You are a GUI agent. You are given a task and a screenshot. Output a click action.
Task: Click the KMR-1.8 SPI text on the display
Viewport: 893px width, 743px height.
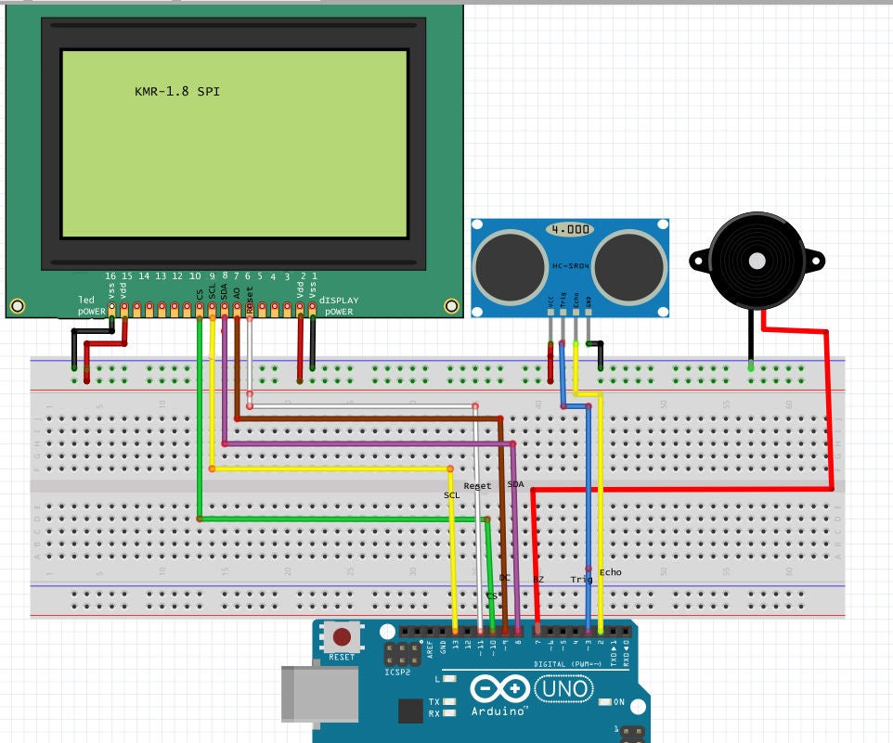177,92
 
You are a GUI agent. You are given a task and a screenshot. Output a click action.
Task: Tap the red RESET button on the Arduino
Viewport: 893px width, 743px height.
343,637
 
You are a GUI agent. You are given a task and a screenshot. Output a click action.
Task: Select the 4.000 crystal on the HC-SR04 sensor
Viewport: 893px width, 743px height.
569,229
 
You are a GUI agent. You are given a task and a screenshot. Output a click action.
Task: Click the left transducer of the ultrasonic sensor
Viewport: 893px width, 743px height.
510,263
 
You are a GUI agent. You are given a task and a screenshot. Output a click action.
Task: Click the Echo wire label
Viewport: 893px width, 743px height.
611,572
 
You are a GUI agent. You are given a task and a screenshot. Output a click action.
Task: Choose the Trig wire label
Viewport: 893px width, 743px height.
581,579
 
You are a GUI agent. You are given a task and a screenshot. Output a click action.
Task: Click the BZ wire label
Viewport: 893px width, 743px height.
538,579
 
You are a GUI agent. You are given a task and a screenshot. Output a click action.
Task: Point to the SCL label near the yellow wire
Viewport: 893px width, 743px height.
452,495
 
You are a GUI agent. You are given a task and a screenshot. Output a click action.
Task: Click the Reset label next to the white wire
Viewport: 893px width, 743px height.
477,486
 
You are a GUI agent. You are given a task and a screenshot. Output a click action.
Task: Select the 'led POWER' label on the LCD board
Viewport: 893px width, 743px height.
93,305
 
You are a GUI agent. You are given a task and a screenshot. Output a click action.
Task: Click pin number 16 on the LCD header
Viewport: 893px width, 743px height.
110,276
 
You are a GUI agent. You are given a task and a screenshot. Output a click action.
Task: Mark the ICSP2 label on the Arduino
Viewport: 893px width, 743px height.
396,670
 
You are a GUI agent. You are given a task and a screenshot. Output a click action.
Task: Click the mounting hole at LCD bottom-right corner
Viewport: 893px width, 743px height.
451,305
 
